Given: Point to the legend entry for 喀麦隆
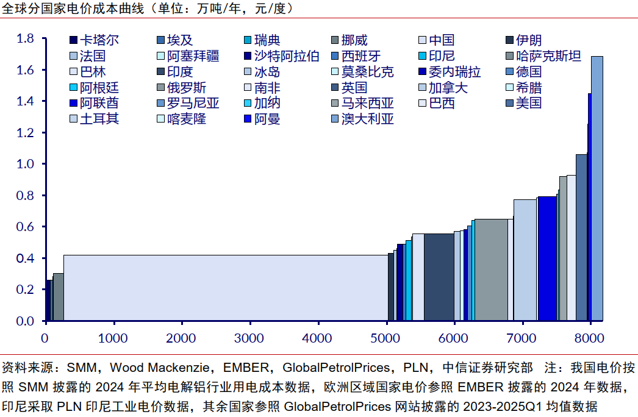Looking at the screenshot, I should tap(181, 119).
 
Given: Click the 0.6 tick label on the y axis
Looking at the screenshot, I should tap(26, 227).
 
